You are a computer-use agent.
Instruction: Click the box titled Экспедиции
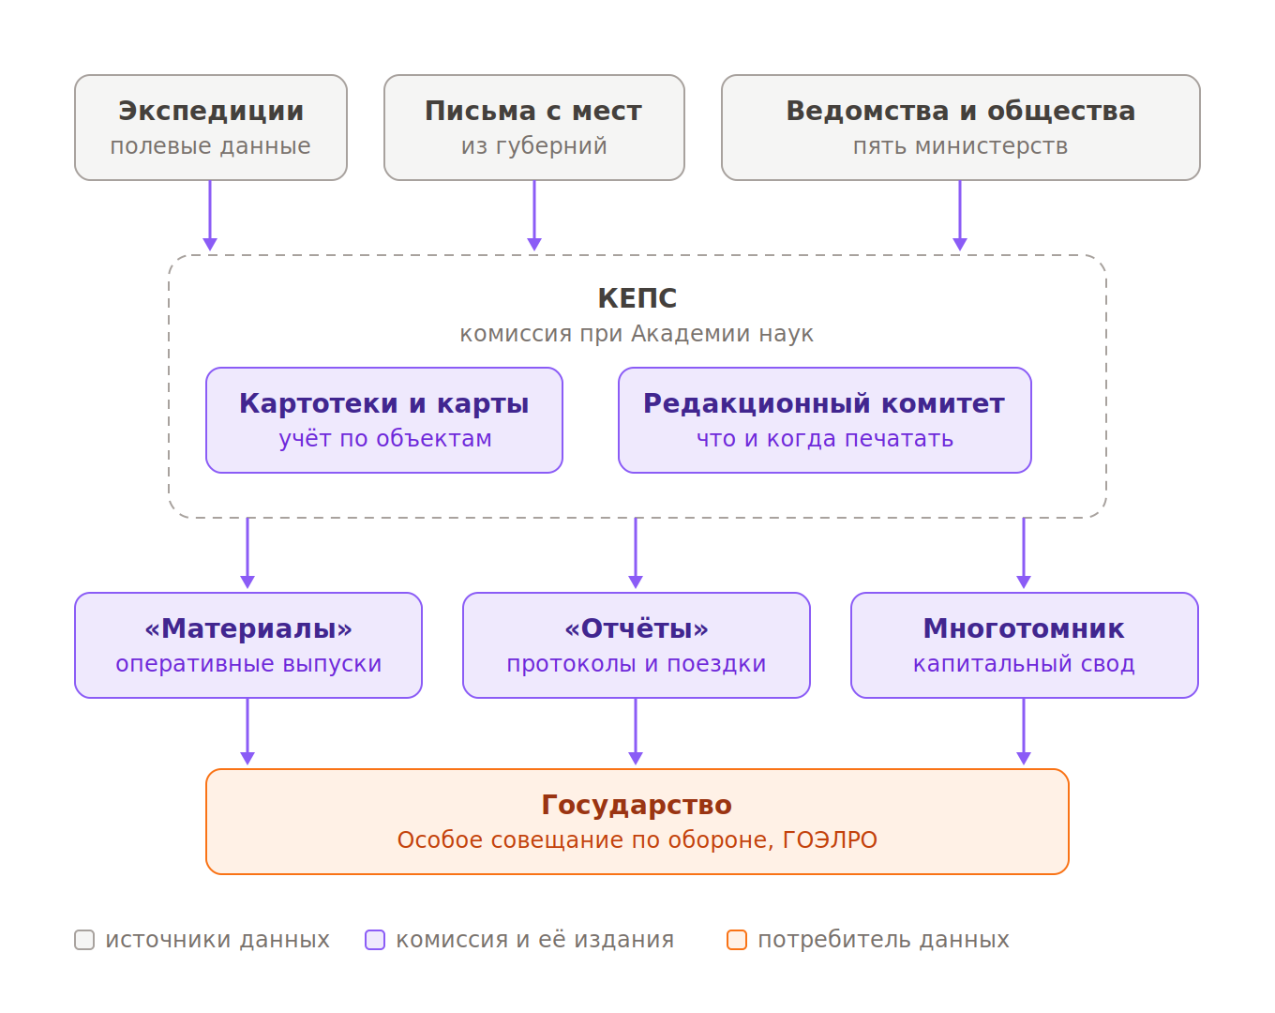point(211,128)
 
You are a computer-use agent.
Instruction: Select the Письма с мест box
point(533,128)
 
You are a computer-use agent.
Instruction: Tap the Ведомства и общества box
point(960,128)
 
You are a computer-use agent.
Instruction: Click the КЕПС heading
point(637,298)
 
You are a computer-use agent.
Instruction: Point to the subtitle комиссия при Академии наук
point(637,334)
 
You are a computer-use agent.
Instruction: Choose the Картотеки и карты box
point(384,420)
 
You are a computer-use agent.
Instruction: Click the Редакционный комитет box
point(825,420)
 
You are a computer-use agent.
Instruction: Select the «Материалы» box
point(248,645)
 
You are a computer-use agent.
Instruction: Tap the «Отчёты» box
point(637,645)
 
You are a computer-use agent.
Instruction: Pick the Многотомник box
point(1025,645)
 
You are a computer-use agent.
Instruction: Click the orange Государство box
point(637,822)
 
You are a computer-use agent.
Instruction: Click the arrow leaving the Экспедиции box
point(210,216)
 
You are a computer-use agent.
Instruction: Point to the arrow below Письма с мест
point(534,216)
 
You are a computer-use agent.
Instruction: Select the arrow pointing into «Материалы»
point(247,553)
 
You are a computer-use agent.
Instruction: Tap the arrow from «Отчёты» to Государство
point(636,732)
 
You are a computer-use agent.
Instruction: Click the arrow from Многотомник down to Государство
point(1024,732)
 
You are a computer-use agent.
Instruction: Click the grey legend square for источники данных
point(84,940)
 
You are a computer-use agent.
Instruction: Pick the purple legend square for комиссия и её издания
point(375,940)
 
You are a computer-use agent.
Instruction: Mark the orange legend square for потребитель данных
point(737,940)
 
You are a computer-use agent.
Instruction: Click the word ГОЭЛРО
point(830,839)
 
